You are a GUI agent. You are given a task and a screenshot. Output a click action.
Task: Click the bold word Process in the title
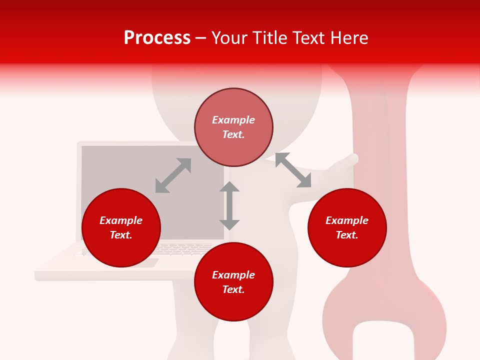click(157, 37)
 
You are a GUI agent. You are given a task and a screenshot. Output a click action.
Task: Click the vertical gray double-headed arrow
click(229, 205)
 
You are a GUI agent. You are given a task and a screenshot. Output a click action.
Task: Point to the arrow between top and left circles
click(173, 175)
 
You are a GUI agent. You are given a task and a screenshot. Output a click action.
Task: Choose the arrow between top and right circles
click(293, 170)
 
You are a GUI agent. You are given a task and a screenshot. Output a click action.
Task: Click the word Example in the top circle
click(233, 120)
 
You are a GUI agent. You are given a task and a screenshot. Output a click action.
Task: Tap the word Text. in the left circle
click(121, 235)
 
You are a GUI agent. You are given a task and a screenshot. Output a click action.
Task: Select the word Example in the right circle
click(347, 220)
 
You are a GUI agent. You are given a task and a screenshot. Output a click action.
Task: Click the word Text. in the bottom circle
click(233, 289)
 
